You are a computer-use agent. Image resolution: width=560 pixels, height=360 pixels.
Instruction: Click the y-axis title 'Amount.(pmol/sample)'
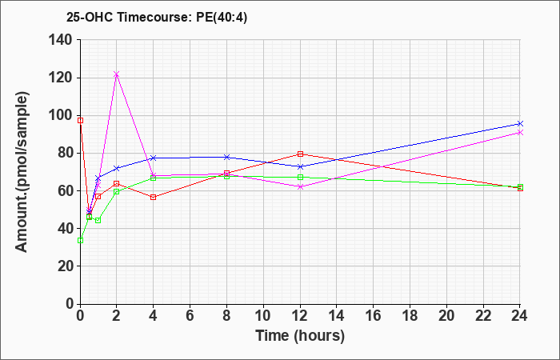(23, 172)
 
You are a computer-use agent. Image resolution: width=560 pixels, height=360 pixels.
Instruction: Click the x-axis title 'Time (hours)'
(300, 335)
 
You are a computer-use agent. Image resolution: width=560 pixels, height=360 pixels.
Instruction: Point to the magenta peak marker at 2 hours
(117, 74)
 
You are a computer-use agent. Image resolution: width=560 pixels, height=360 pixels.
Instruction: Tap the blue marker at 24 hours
(520, 123)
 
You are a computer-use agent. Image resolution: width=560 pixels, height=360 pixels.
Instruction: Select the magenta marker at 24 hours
(520, 132)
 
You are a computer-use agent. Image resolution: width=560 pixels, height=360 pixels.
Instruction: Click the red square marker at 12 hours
(300, 154)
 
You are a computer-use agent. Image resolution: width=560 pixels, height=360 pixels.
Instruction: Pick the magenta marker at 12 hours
(300, 186)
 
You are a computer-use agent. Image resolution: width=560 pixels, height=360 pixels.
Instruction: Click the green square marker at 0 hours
(80, 240)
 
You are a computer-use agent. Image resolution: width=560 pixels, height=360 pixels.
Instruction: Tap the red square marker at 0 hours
(80, 120)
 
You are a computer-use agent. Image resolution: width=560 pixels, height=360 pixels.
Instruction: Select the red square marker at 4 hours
(153, 197)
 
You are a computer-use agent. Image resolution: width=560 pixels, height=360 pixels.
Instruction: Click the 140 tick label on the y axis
(61, 40)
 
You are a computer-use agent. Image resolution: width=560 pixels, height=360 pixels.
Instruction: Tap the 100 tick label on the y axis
(61, 115)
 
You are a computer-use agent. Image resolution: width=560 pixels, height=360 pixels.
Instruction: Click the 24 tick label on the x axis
(520, 316)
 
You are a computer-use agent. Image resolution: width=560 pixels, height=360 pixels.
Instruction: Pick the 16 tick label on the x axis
(373, 316)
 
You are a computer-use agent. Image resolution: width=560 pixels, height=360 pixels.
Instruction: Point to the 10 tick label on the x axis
(263, 316)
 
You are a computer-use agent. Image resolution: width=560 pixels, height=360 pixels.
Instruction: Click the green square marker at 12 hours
(300, 177)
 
